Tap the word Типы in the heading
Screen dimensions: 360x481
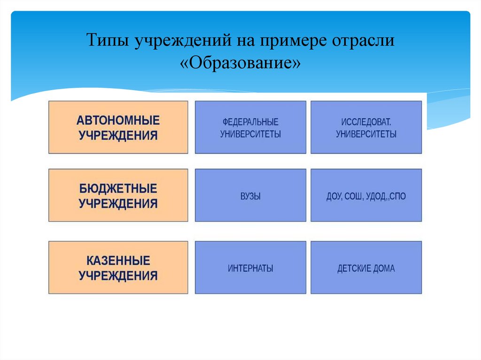point(108,41)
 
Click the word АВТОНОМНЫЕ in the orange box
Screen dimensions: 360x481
point(118,120)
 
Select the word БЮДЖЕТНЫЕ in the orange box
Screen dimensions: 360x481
point(118,189)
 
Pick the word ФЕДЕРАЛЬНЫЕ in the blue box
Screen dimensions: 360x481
point(250,122)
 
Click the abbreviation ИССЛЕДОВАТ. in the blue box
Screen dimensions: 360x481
point(366,122)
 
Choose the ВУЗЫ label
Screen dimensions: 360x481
point(250,196)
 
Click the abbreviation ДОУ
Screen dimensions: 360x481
point(334,196)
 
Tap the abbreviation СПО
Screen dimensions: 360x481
point(397,196)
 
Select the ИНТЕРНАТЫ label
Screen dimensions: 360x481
point(250,269)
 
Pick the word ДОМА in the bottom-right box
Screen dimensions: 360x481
point(385,269)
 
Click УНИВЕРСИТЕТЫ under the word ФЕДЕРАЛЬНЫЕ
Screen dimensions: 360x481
point(250,134)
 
